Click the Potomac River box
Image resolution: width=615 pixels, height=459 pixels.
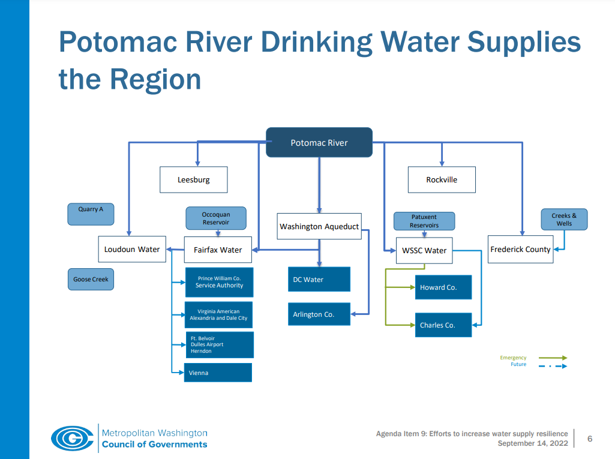[x=319, y=143]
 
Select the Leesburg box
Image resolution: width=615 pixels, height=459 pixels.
[x=193, y=179]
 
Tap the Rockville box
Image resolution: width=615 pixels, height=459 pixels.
[x=442, y=179]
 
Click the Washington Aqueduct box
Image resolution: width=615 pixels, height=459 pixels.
[x=319, y=226]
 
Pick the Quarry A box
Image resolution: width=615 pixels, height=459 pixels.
[x=91, y=214]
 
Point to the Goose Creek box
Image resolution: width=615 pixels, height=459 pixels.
[x=91, y=280]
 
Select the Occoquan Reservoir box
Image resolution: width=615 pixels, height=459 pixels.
[x=216, y=218]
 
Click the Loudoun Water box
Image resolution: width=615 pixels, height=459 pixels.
[x=132, y=249]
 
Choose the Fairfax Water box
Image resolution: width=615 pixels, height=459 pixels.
[x=218, y=250]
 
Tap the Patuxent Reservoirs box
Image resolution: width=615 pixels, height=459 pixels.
[x=424, y=221]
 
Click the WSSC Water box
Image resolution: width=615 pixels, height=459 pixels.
[x=424, y=250]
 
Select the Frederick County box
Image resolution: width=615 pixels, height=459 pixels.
[x=520, y=249]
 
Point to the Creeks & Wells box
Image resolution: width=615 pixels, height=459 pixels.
[x=564, y=220]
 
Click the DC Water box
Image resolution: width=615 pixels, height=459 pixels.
[x=319, y=280]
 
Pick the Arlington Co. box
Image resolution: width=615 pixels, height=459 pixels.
[x=319, y=314]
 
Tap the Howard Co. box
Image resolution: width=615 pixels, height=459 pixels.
[x=443, y=287]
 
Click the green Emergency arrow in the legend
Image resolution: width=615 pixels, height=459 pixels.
[x=553, y=358]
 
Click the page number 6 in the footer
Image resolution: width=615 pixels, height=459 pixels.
[x=590, y=439]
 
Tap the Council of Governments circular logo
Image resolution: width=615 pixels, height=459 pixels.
[x=72, y=438]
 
